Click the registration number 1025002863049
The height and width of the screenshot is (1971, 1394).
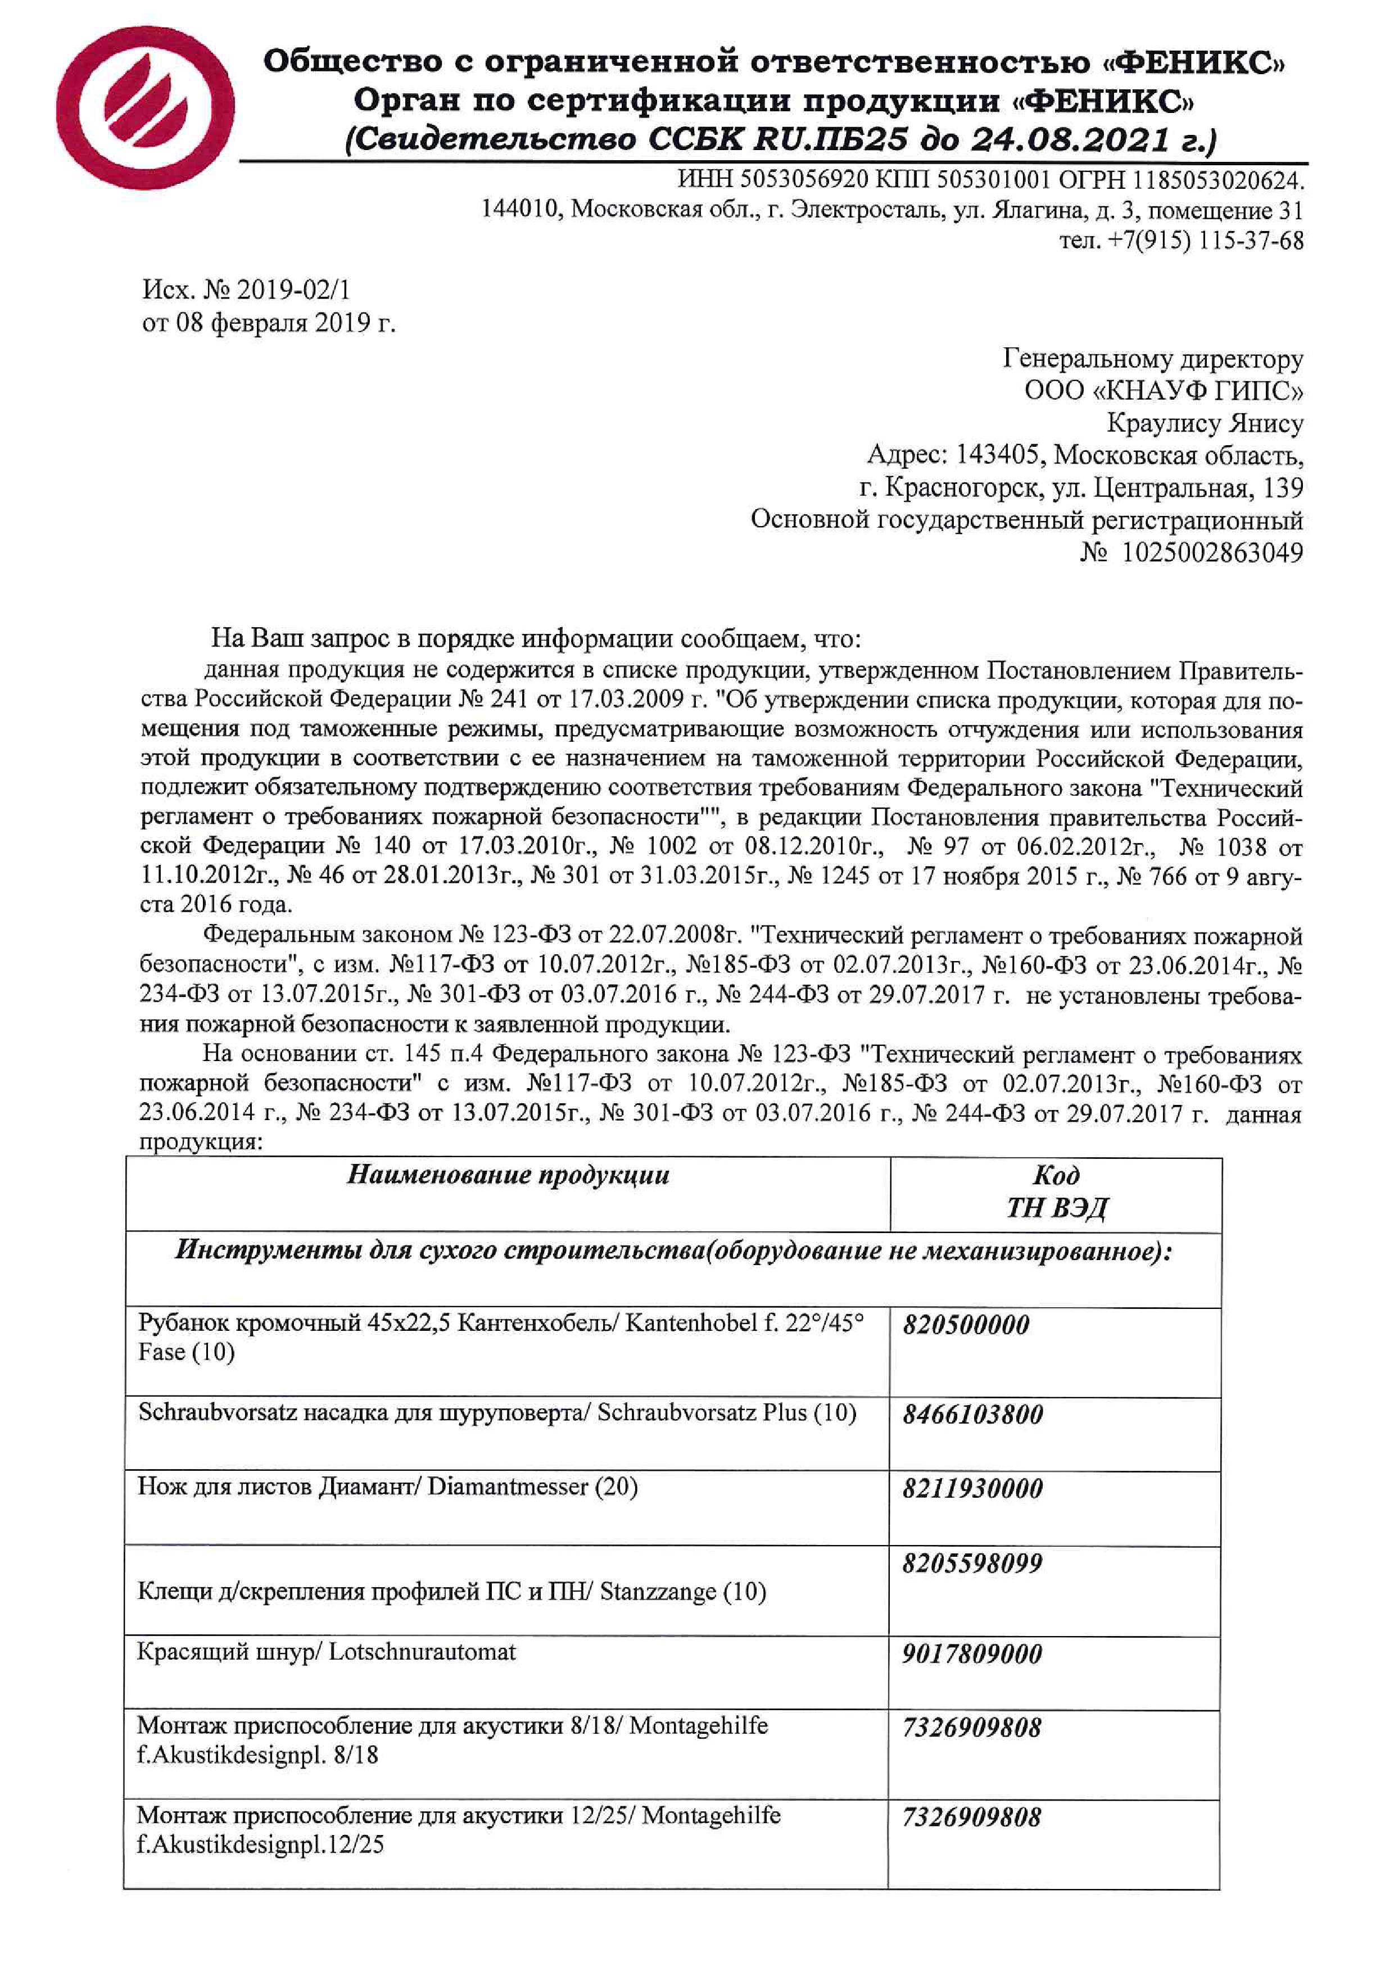coord(1212,552)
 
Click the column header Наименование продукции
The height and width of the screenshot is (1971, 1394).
coord(508,1175)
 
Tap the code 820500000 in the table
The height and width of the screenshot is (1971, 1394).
coord(966,1325)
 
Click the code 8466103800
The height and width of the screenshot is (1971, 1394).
coord(972,1415)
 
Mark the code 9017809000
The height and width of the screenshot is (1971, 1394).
coord(972,1654)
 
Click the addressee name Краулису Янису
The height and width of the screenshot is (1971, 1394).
coord(1205,423)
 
